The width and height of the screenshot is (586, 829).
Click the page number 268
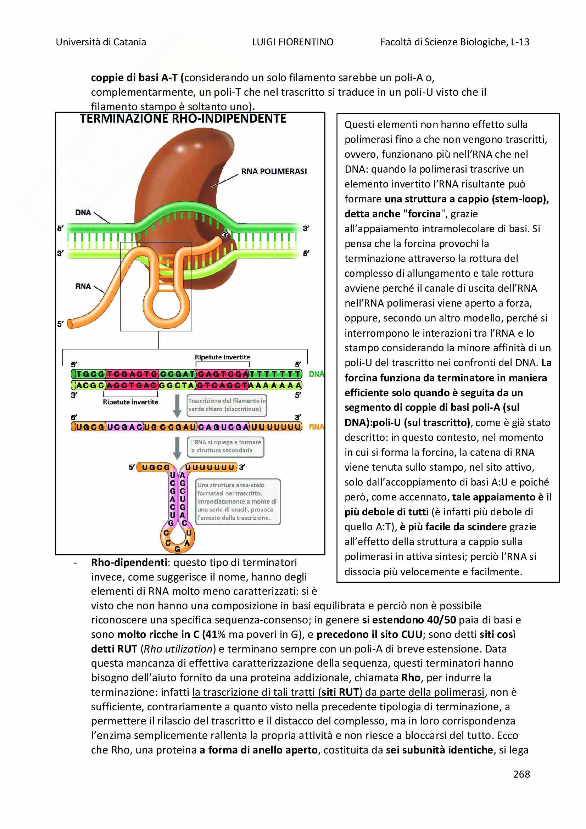521,774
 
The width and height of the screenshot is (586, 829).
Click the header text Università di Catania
101,42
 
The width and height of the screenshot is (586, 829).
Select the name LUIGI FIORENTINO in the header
292,42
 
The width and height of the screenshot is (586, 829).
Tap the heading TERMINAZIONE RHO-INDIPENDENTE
183,118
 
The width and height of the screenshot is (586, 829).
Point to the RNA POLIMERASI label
274,171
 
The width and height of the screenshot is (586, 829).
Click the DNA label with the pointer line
83,212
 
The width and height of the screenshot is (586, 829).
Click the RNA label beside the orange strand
83,286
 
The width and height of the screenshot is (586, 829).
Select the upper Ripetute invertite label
222,357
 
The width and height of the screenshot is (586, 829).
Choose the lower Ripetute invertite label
130,402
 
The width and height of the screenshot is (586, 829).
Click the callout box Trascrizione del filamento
227,405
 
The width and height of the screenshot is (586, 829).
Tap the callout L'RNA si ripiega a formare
226,446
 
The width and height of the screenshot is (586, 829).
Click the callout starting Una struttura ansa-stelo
238,501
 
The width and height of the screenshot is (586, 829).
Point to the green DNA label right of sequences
316,374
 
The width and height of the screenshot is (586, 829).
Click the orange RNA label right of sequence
316,427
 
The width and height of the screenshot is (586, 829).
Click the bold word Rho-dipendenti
129,562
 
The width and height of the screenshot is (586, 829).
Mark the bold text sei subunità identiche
439,750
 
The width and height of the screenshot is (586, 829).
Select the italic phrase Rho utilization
178,649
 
